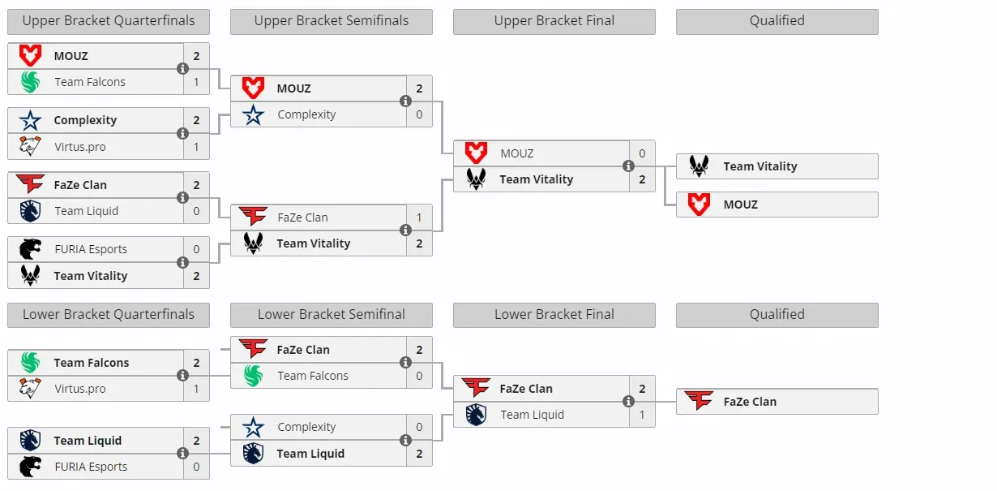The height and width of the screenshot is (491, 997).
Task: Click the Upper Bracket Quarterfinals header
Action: coord(109,21)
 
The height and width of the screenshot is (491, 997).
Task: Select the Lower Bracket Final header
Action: coord(554,315)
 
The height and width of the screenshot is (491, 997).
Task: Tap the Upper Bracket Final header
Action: coord(554,21)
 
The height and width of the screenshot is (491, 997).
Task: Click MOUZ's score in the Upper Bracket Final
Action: coord(642,153)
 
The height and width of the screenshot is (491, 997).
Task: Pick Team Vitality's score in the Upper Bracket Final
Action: coord(642,179)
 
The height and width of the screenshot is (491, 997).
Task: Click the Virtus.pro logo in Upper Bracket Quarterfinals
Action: coord(30,146)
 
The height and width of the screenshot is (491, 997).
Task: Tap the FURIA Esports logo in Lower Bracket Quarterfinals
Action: coord(30,467)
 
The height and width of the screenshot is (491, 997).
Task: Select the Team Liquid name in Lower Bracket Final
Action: coord(532,415)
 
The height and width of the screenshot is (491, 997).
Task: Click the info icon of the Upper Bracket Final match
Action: coord(628,166)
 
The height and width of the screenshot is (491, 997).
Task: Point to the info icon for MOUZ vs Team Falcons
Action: coord(182,69)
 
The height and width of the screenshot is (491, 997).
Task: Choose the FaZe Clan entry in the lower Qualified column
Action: coord(777,402)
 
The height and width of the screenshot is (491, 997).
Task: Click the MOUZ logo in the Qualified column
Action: coord(699,205)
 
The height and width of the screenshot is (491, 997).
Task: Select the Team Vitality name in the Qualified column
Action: coord(760,166)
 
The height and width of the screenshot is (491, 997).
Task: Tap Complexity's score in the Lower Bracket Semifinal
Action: coord(419,427)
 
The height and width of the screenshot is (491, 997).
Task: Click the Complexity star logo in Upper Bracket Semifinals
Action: coord(253,114)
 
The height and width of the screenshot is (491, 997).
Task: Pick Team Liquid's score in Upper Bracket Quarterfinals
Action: coord(196,211)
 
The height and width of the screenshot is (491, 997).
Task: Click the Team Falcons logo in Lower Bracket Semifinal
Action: coord(253,376)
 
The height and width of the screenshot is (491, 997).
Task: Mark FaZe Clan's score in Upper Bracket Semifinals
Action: coord(419,218)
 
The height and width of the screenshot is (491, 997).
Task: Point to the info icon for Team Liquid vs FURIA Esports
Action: coord(182,454)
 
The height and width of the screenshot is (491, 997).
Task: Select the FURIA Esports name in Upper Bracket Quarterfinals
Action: coord(91,249)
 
